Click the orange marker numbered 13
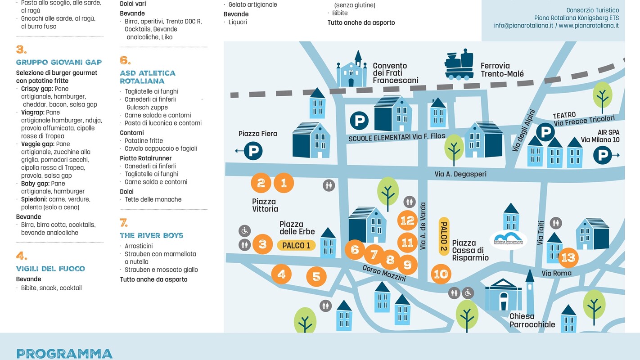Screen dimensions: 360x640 568,258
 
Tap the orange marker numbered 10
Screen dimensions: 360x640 441,274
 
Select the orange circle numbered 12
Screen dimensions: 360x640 407,220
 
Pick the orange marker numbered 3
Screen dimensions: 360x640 262,244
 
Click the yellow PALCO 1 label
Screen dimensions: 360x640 296,245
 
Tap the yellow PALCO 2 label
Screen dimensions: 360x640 444,236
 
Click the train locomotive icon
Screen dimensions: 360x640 460,65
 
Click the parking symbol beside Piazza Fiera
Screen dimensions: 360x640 253,150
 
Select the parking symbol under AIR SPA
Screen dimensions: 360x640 602,155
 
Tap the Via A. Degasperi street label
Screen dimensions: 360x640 460,174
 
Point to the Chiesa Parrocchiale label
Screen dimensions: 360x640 532,320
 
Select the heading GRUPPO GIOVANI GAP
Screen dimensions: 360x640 59,62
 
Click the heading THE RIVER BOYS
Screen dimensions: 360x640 151,235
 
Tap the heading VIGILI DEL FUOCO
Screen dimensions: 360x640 50,269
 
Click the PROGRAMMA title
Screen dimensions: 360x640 64,354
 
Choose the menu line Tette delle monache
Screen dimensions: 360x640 153,199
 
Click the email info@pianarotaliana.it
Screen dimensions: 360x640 523,26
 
